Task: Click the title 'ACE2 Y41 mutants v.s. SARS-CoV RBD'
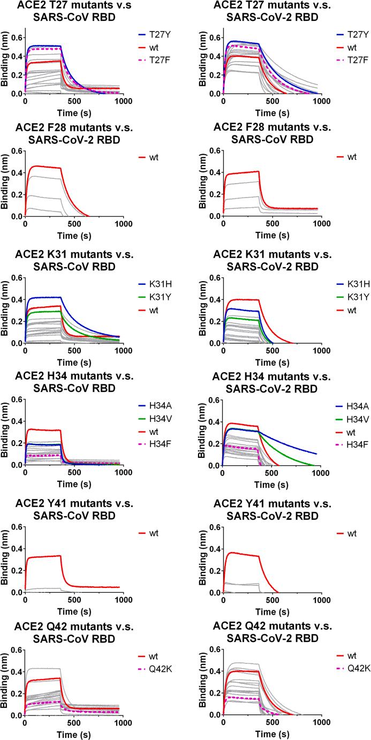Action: pos(74,509)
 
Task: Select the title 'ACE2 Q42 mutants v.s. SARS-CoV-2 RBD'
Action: pos(272,630)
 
